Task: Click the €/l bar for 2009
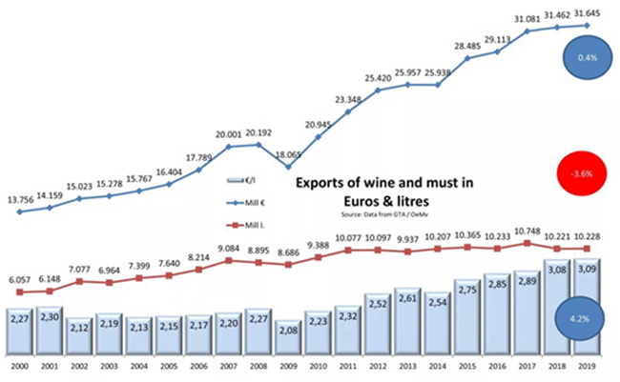(x=288, y=338)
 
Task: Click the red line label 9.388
(x=317, y=244)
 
